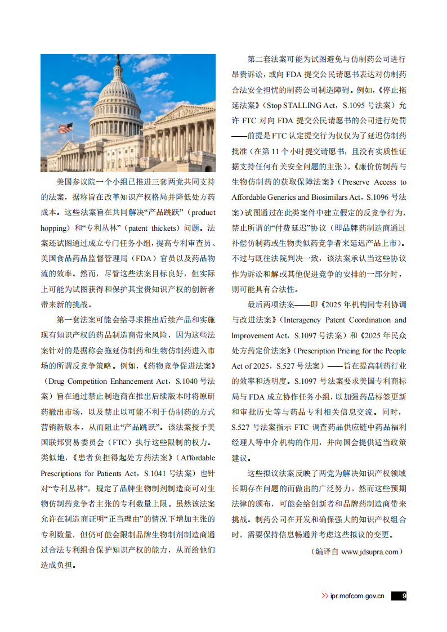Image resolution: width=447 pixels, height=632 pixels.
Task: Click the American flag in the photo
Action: [x=66, y=128]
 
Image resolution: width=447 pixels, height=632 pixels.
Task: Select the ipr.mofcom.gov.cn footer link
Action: [x=357, y=596]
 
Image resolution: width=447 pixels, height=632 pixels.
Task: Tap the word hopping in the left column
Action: [x=54, y=228]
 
